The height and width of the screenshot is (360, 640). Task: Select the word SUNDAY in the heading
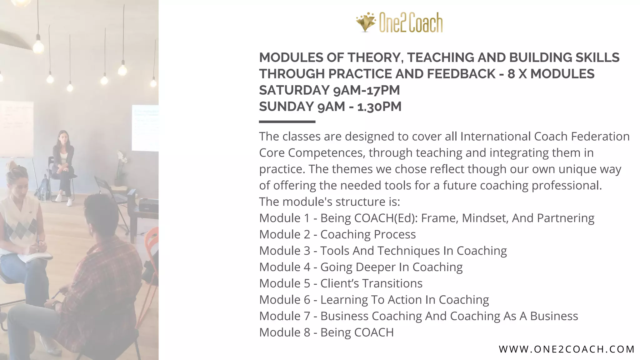click(x=286, y=107)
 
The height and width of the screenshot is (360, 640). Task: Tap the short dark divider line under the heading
click(x=287, y=122)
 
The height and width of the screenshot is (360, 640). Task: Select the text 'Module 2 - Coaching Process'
click(x=337, y=234)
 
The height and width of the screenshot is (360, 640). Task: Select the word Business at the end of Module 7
click(x=554, y=316)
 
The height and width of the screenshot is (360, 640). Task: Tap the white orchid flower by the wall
click(x=122, y=156)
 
